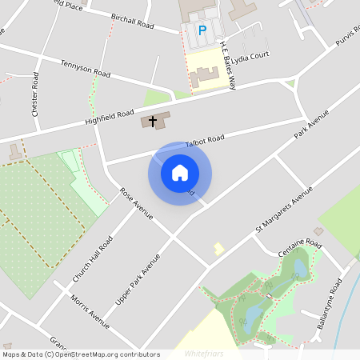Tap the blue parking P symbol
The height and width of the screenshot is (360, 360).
click(x=202, y=30)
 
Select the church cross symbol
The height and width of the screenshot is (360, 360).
click(x=153, y=121)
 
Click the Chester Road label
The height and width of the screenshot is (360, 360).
click(x=35, y=95)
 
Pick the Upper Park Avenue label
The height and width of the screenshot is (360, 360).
click(x=138, y=278)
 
